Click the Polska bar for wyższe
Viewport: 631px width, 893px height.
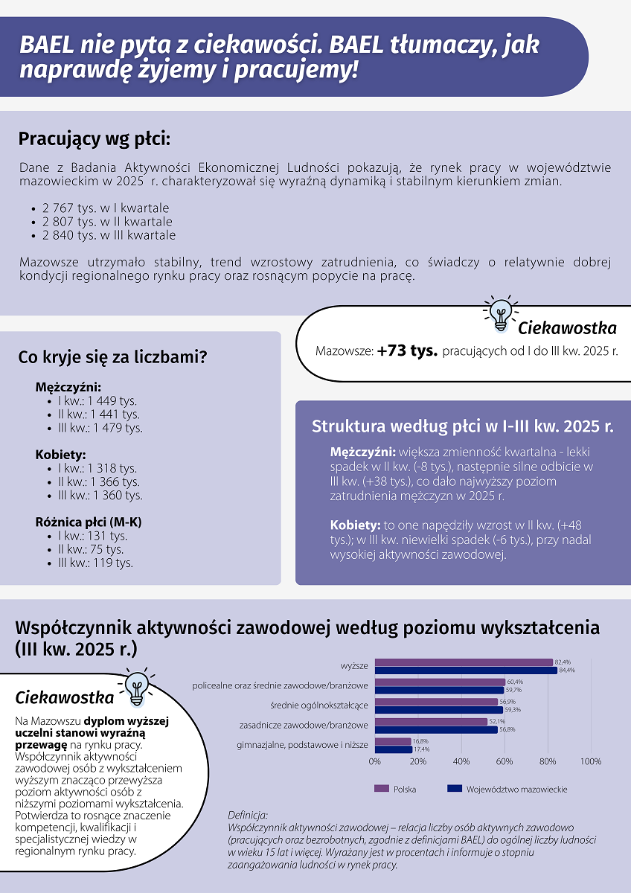click(x=464, y=662)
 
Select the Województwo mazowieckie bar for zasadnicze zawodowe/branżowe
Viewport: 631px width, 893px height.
click(x=436, y=730)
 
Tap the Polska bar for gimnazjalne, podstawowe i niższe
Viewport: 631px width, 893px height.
click(x=393, y=741)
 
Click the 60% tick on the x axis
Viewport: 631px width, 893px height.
click(x=505, y=761)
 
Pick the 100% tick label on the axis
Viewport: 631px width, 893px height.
click(x=590, y=761)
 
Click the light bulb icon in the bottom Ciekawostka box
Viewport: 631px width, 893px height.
click(x=136, y=688)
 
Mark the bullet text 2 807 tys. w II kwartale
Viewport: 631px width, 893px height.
click(x=106, y=222)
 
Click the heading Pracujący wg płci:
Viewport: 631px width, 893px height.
click(x=95, y=139)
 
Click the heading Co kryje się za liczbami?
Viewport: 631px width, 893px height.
click(x=112, y=357)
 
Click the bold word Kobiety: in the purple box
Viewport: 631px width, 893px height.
click(x=356, y=524)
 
